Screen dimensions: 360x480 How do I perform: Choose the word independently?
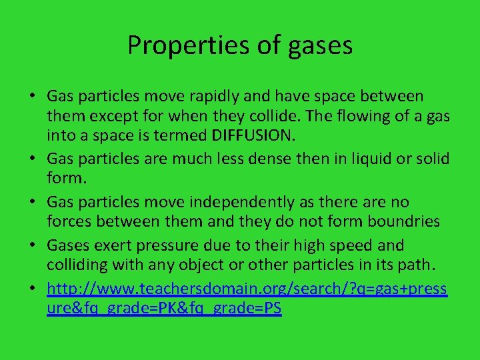coord(259,202)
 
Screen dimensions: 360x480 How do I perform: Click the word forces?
coord(67,222)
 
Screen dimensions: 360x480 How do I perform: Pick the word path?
coord(419,265)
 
